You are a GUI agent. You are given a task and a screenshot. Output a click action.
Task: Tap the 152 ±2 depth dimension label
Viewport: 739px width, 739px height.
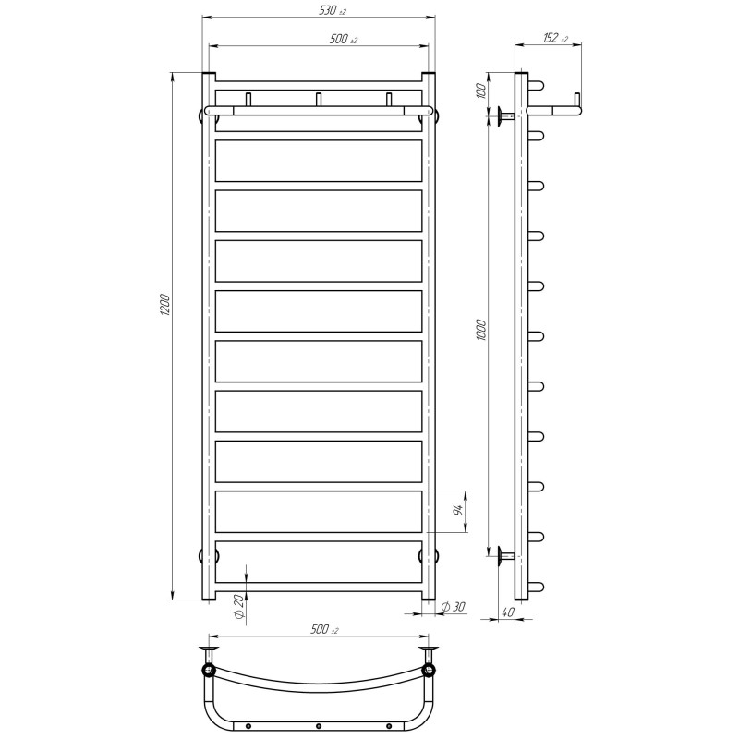click(x=554, y=38)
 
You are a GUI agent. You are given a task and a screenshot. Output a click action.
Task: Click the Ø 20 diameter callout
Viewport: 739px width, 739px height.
click(x=237, y=607)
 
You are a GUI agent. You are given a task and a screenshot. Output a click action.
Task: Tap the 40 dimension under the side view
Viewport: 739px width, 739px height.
click(x=508, y=612)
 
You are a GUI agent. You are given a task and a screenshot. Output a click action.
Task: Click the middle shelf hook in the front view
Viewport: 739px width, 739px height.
click(x=319, y=99)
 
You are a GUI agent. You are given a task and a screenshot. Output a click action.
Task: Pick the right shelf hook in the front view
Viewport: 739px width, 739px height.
click(x=389, y=99)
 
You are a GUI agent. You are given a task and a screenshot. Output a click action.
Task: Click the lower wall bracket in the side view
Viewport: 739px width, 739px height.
click(x=503, y=555)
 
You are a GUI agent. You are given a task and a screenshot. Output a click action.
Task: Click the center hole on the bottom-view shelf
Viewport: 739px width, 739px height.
click(x=319, y=723)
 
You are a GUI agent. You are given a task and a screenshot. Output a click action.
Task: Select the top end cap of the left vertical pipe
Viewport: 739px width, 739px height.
click(x=209, y=74)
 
